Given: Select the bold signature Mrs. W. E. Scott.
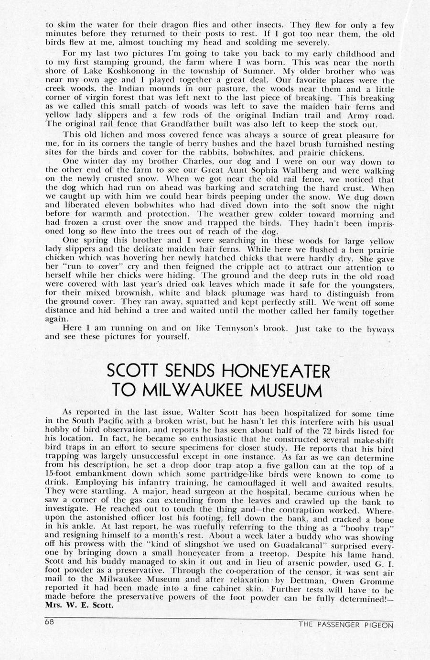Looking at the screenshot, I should (x=79, y=605).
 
